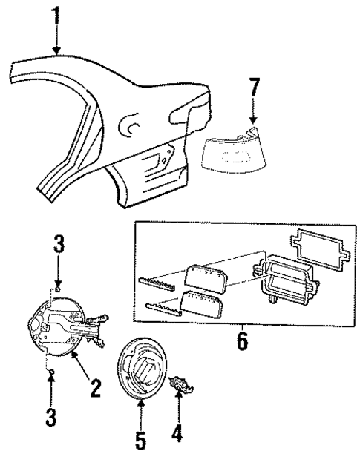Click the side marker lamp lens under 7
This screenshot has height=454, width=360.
[236, 154]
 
